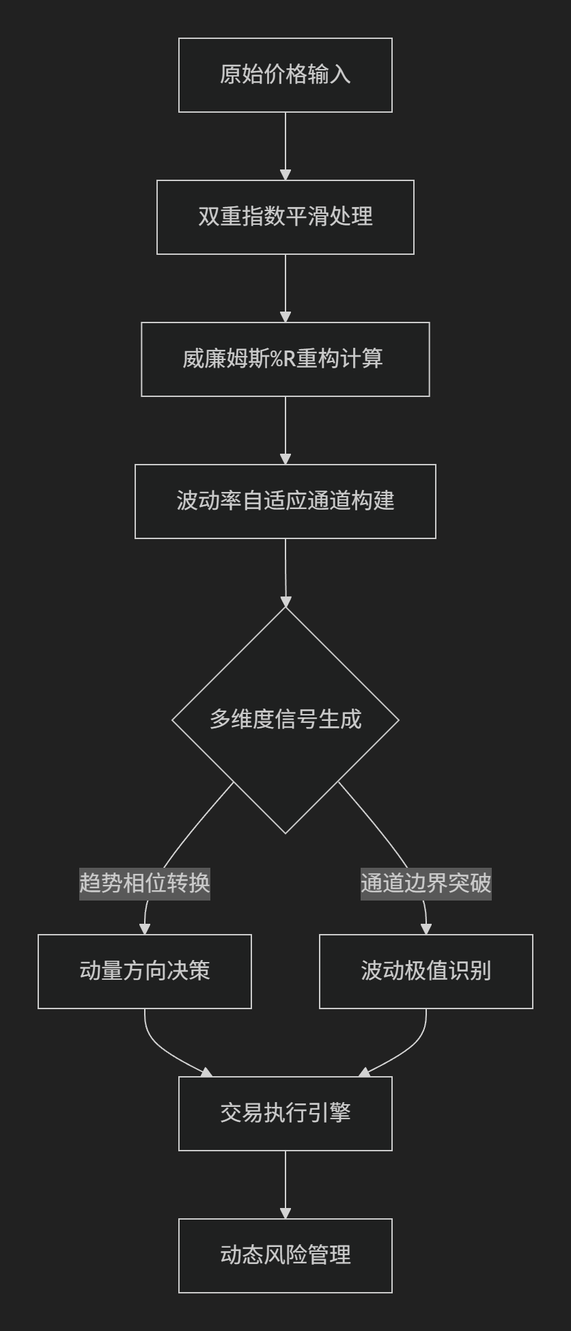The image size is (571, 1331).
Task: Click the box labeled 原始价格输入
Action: [285, 75]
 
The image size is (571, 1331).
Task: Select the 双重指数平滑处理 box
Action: [285, 217]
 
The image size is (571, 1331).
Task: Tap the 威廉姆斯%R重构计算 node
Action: [285, 359]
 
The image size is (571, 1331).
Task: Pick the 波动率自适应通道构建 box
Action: [285, 502]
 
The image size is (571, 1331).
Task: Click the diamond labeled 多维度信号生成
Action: [285, 720]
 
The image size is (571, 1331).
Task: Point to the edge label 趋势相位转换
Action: [145, 883]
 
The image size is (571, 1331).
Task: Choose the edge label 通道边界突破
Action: [426, 883]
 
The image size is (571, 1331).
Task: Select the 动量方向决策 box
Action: [145, 972]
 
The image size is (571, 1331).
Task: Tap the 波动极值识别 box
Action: [426, 972]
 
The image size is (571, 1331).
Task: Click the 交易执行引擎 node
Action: [285, 1114]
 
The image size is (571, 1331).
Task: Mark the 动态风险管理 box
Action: [285, 1256]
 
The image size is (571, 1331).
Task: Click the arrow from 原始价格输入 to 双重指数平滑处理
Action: [285, 146]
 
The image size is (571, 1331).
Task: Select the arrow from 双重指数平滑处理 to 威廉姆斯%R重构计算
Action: [285, 288]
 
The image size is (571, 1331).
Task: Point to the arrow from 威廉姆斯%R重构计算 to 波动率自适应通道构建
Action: [285, 430]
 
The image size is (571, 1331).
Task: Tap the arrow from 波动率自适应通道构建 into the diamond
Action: [285, 573]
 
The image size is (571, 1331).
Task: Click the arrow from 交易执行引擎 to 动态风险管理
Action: [285, 1185]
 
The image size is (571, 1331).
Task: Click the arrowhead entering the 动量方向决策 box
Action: [145, 929]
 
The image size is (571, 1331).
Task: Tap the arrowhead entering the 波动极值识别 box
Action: [426, 929]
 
